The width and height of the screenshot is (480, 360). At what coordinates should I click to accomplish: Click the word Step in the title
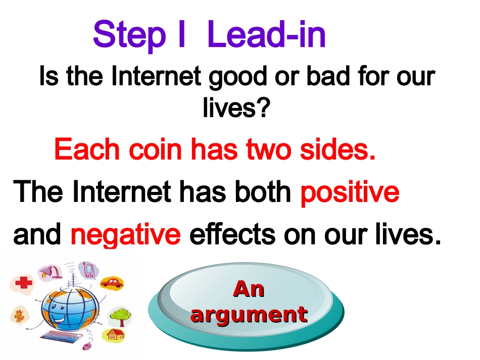coord(129,36)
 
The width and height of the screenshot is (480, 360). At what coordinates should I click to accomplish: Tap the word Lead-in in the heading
coord(266,34)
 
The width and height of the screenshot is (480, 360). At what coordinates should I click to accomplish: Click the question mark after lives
coord(263,108)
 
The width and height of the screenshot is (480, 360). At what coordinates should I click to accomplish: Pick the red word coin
coord(156,149)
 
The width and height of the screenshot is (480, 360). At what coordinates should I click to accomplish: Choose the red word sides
coord(338,149)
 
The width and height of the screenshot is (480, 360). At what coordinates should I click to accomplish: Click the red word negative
coord(125,235)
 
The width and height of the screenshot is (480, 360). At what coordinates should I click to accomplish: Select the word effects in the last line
coord(232,234)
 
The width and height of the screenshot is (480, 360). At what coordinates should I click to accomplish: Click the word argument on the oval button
coord(249,315)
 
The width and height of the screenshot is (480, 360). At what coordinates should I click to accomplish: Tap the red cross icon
coord(24,282)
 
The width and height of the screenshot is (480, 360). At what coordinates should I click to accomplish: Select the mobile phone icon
coord(89,270)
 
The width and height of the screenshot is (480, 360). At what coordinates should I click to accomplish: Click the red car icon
coord(112,282)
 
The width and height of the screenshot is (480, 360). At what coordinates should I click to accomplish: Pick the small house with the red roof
coord(116,334)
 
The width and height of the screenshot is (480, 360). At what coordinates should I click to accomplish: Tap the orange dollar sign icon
coord(20,316)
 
